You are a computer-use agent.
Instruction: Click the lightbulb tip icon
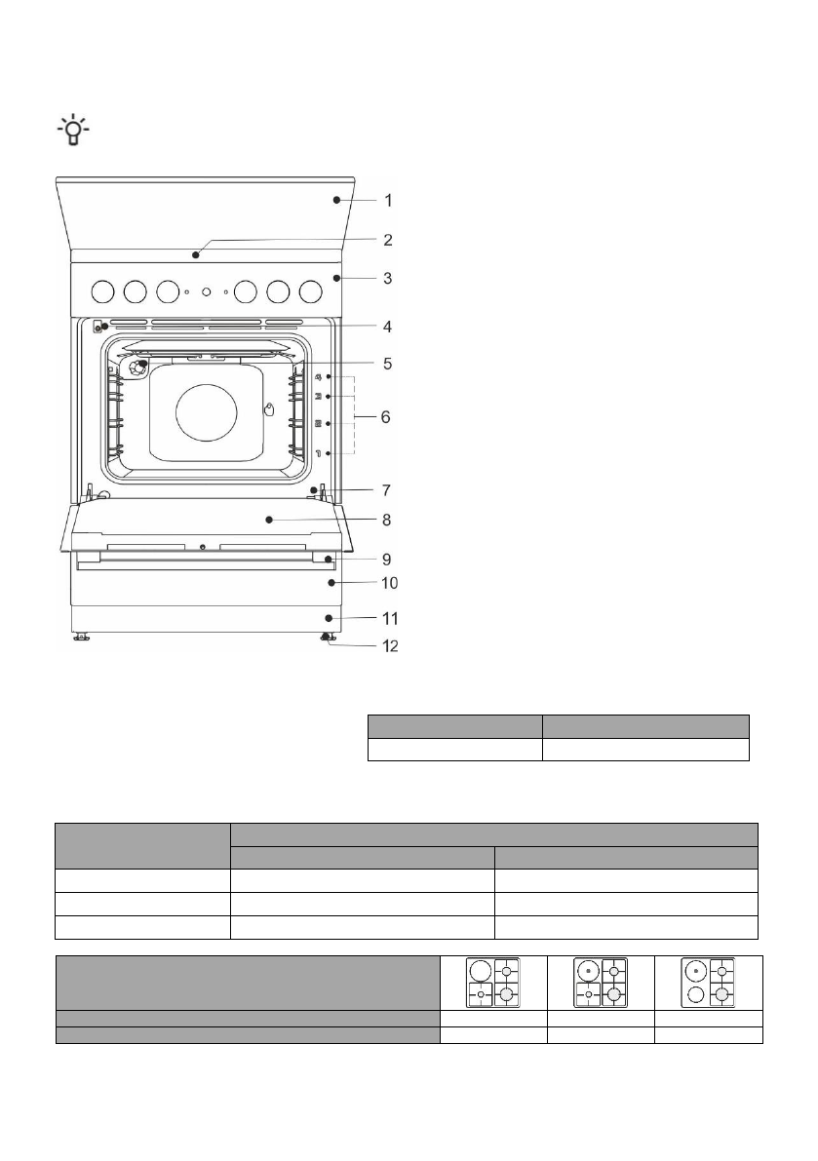(x=73, y=131)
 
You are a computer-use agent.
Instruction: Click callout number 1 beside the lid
(x=388, y=201)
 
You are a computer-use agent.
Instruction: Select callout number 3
(x=387, y=279)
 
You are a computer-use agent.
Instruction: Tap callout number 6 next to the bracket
(x=386, y=417)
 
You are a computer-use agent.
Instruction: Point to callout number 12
(x=389, y=645)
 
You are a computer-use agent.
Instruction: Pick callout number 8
(x=386, y=520)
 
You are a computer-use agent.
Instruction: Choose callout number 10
(x=389, y=583)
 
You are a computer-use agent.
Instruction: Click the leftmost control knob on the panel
(x=103, y=291)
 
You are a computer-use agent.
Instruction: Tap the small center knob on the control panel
(x=207, y=291)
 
